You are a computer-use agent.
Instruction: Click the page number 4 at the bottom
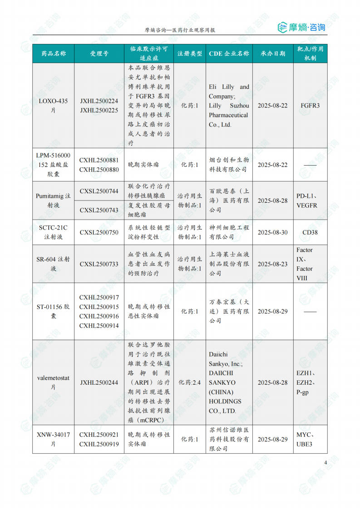tap(325, 462)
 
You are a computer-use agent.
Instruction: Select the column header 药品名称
tap(54, 54)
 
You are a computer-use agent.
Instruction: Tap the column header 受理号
tap(99, 54)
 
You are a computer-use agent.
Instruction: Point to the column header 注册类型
tap(190, 54)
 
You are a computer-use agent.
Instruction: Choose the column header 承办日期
tap(272, 54)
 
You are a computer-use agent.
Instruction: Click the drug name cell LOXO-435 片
tap(54, 105)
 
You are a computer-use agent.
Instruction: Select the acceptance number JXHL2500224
tap(99, 101)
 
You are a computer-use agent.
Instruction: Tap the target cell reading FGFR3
tap(310, 105)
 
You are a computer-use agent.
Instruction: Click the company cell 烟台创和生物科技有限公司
tap(229, 165)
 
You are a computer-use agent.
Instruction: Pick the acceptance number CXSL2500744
tap(99, 191)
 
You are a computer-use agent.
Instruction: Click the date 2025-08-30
tap(272, 232)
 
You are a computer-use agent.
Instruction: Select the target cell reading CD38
tap(310, 232)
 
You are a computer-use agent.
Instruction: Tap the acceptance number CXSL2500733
tap(99, 264)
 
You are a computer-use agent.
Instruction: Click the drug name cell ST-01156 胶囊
tap(54, 311)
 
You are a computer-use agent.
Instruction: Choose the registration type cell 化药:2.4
tap(190, 382)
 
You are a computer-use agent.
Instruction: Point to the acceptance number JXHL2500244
tap(99, 382)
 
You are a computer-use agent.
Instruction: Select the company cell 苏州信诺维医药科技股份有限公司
tap(229, 439)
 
